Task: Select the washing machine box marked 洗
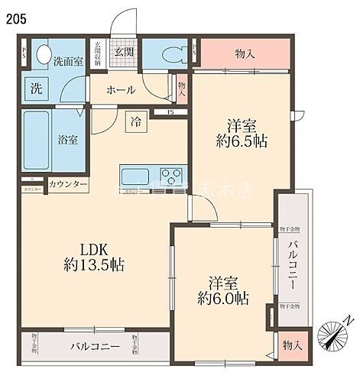pos(37,88)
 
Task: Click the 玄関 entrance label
pos(124,52)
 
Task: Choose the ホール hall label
pos(121,90)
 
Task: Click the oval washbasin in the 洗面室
pos(44,55)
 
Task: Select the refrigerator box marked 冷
pos(135,121)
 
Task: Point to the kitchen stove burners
pos(172,172)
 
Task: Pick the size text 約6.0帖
pos(222,299)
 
